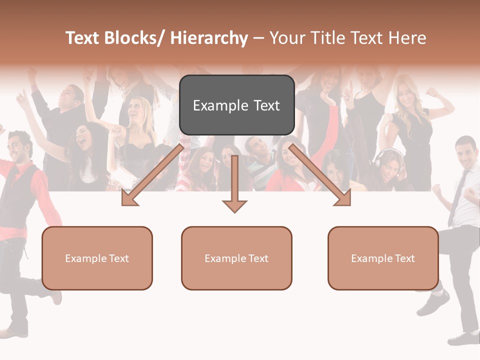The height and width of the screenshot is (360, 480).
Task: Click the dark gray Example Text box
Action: coord(236,105)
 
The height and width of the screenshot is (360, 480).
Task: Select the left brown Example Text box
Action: coord(97,258)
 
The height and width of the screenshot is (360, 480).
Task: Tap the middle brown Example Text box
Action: coord(236,258)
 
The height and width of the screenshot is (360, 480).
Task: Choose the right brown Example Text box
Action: coord(383,258)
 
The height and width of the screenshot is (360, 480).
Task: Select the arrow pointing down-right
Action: coord(320,175)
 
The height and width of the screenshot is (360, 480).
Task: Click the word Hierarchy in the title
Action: coord(208,38)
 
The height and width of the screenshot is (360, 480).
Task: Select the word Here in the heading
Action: coord(407,38)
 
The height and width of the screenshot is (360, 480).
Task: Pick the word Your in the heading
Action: coord(288,38)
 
